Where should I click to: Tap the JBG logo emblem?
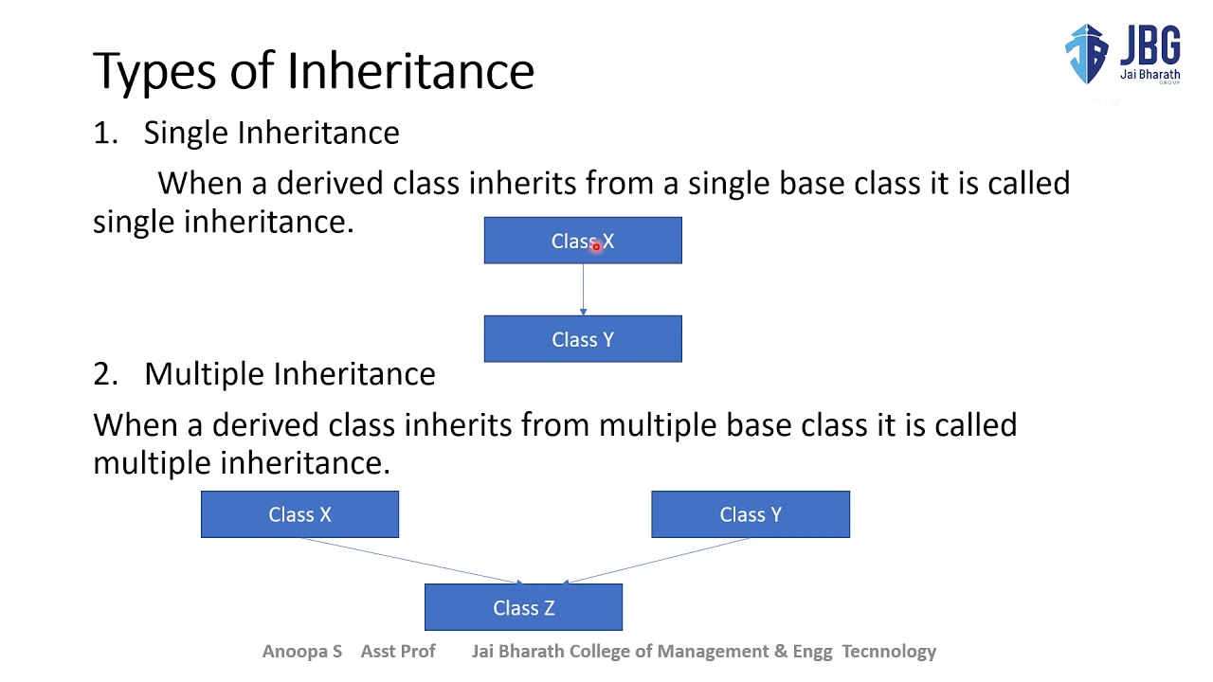[1086, 53]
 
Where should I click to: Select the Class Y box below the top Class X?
[582, 339]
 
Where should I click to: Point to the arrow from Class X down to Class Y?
[583, 289]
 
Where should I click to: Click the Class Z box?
[523, 607]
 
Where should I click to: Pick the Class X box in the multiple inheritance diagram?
[299, 514]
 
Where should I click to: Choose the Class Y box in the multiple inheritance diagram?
[750, 514]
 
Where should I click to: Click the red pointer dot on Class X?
[596, 246]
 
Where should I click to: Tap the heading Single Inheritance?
[271, 133]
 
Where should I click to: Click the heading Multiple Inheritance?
[289, 373]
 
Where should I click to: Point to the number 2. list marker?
[104, 373]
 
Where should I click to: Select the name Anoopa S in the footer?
[301, 651]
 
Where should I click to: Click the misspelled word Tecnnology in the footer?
[889, 651]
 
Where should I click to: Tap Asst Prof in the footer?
[398, 651]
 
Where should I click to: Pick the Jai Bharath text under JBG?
[1150, 75]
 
